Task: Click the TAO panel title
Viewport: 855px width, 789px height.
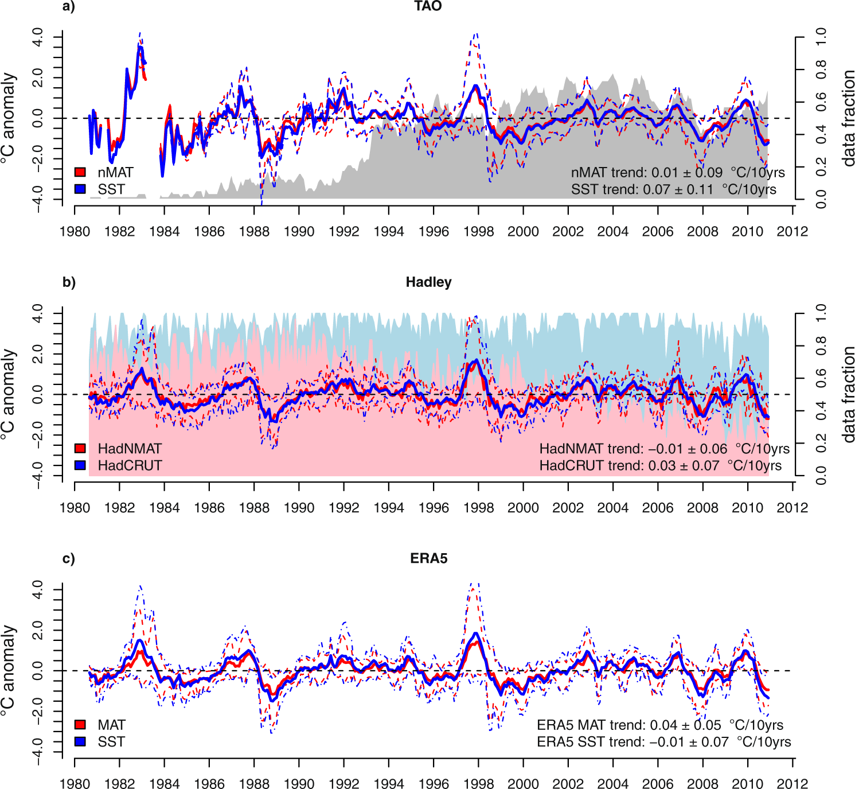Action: pyautogui.click(x=428, y=6)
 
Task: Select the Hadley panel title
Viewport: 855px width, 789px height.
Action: pyautogui.click(x=428, y=282)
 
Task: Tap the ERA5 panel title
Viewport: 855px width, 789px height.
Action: pyautogui.click(x=428, y=558)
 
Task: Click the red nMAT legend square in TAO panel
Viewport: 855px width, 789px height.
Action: pyautogui.click(x=80, y=172)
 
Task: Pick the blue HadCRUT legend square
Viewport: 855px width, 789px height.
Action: pyautogui.click(x=80, y=465)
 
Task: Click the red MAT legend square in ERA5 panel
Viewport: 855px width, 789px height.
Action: pyautogui.click(x=80, y=725)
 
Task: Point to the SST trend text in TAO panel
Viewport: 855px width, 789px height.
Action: pyautogui.click(x=673, y=189)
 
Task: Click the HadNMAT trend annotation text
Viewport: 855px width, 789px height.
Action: pyautogui.click(x=664, y=449)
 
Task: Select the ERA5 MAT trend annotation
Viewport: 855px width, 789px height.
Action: pyautogui.click(x=659, y=725)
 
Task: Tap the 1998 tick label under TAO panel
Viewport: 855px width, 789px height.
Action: pyautogui.click(x=478, y=232)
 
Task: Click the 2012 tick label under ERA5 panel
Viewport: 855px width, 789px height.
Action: pyautogui.click(x=792, y=784)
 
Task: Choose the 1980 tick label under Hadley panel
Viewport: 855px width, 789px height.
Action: pyautogui.click(x=75, y=508)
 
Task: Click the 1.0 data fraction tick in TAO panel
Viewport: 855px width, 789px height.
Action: pyautogui.click(x=821, y=37)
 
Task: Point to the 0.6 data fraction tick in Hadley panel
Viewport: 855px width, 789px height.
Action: pyautogui.click(x=821, y=378)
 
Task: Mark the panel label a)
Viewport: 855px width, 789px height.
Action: pyautogui.click(x=69, y=6)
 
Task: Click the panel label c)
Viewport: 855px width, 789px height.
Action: pyautogui.click(x=69, y=558)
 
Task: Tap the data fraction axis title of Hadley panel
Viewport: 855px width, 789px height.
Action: pyautogui.click(x=849, y=394)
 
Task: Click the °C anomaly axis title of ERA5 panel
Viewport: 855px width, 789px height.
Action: pyautogui.click(x=8, y=670)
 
